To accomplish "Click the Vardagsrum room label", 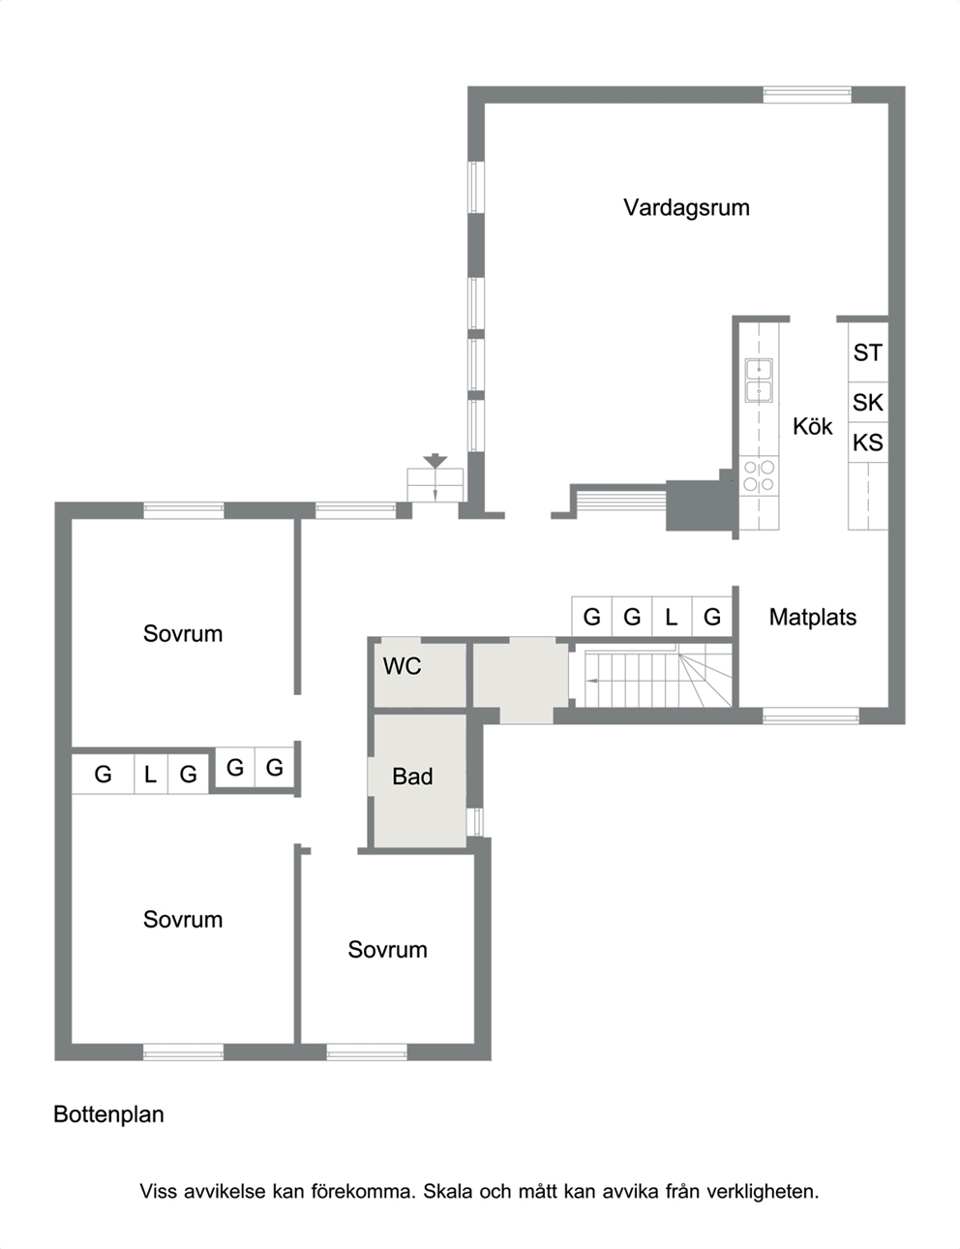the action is [x=686, y=207].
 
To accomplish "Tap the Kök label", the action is [x=812, y=426].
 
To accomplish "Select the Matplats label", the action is [x=812, y=618].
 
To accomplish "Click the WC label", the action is [x=403, y=666].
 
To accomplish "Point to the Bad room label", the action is [x=412, y=777].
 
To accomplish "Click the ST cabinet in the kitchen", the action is [x=868, y=352].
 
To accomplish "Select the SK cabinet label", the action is [x=868, y=403].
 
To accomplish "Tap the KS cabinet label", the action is [x=868, y=443].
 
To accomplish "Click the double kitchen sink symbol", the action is [x=759, y=381].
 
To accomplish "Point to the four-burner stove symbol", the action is [x=759, y=475].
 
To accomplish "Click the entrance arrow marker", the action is [x=435, y=461].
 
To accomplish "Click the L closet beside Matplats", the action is [x=672, y=617].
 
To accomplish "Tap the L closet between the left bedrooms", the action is [x=151, y=775].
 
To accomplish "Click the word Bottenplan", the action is [x=108, y=1114].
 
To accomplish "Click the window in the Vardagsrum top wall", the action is [x=806, y=95].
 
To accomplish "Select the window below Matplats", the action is [x=811, y=716].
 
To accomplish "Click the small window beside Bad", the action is [x=474, y=823].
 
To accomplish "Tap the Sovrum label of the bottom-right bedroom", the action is [x=387, y=950].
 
